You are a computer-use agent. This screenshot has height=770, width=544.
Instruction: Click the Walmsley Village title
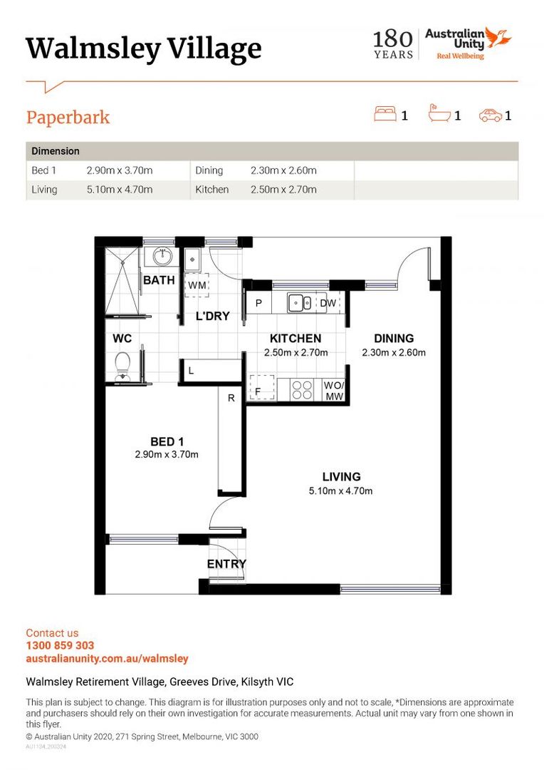point(143,48)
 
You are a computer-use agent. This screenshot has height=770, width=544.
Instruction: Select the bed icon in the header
point(385,115)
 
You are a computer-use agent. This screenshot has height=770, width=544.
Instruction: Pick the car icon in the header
point(490,115)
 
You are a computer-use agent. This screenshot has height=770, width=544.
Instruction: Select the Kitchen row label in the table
point(212,190)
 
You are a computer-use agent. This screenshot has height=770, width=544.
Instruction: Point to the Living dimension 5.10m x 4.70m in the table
point(119,190)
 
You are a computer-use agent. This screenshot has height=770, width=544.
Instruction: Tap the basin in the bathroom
point(160,255)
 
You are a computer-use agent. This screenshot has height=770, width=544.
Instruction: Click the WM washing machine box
point(197,284)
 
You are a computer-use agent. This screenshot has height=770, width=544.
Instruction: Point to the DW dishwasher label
point(328,303)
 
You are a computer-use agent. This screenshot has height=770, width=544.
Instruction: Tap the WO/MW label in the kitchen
point(333,390)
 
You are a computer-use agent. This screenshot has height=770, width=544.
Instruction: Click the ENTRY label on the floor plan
point(226,564)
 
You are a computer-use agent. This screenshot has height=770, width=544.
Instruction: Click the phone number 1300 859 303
point(60,646)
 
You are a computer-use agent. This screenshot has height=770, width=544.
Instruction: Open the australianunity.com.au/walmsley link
point(107,659)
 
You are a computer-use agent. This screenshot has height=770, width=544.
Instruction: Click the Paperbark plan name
point(68,117)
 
